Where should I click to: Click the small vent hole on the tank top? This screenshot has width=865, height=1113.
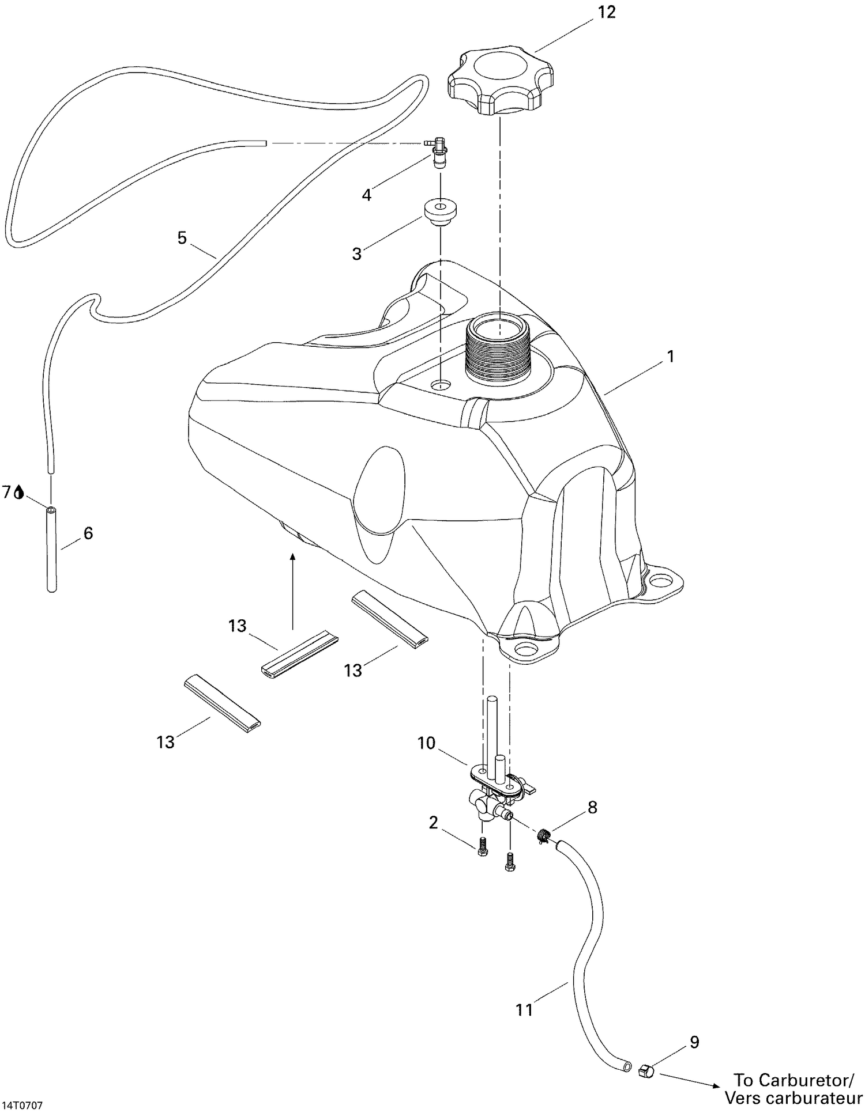pos(441,385)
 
